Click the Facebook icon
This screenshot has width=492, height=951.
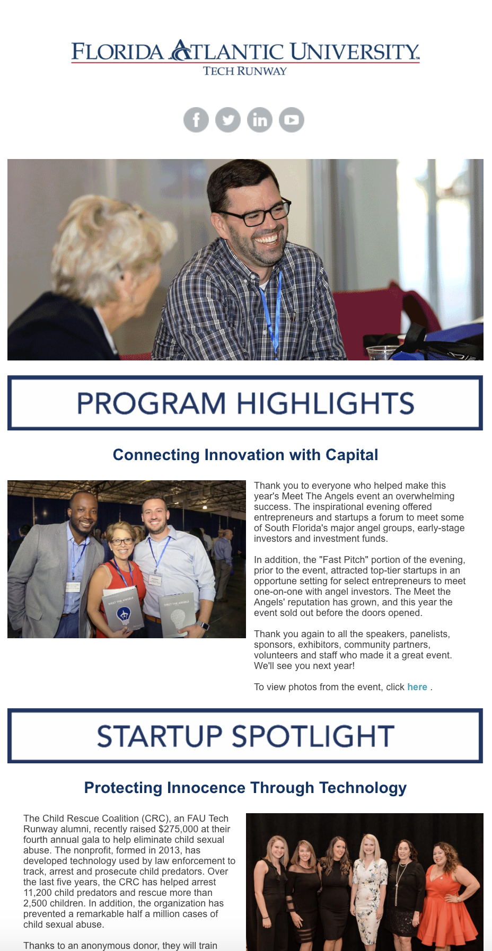click(196, 120)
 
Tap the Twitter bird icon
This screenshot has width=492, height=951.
click(228, 120)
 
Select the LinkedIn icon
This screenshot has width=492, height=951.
click(260, 120)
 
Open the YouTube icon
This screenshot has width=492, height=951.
click(292, 120)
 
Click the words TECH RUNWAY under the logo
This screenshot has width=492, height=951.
click(245, 71)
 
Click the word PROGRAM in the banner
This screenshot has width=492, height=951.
click(152, 403)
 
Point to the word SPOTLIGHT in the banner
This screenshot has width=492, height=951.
click(313, 736)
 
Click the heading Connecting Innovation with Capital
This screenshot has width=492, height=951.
click(245, 455)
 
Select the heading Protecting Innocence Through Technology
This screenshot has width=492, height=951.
click(245, 788)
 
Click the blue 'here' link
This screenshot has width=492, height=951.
click(417, 687)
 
